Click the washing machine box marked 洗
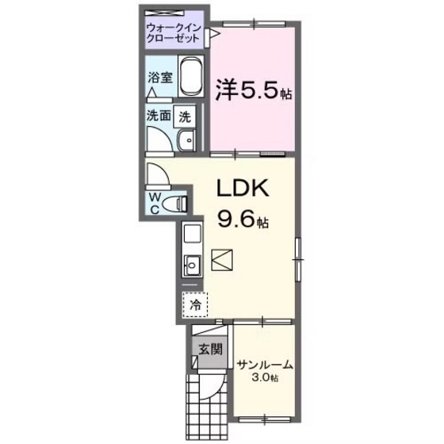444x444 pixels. click(x=184, y=115)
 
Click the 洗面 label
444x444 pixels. click(x=159, y=115)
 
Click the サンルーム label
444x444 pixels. click(x=265, y=366)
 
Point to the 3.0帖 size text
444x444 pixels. click(x=265, y=378)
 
